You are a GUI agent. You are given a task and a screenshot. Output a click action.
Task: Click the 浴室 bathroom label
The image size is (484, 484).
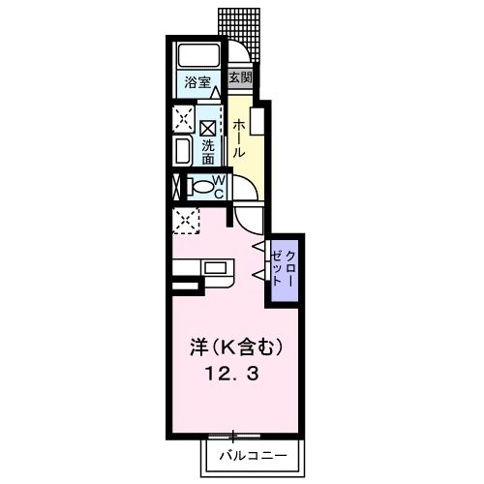click(x=197, y=83)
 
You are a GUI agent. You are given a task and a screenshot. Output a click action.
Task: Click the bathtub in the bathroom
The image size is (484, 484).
click(x=197, y=56)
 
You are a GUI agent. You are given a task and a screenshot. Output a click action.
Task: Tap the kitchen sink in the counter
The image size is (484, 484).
click(x=214, y=266)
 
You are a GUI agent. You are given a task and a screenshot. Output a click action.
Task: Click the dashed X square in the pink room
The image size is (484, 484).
click(x=184, y=221)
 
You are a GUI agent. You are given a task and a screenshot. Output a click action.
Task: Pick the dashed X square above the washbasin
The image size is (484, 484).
click(x=182, y=120)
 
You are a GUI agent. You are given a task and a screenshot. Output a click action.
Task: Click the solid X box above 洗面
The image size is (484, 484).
click(x=207, y=127)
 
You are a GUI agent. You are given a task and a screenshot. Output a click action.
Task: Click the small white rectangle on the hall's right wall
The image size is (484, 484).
click(x=257, y=122)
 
